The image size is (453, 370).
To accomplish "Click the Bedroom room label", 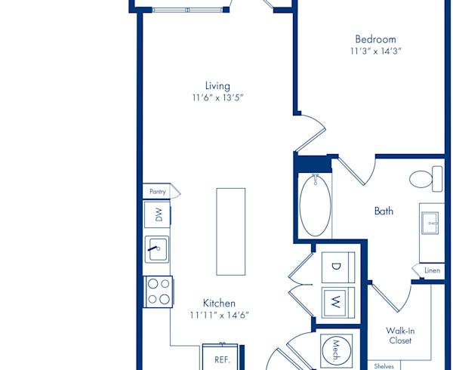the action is (375, 39).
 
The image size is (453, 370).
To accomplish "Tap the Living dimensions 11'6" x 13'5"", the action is (218, 97).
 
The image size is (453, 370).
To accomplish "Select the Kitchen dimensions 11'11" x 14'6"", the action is (219, 315).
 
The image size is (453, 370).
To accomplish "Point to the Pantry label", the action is (158, 192).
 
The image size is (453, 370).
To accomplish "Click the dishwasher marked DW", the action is (157, 214).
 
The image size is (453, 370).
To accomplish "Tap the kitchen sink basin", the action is (157, 249).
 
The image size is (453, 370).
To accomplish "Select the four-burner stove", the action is (158, 291).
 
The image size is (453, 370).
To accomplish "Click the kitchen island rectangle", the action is (231, 232).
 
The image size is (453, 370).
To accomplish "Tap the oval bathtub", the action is (315, 205).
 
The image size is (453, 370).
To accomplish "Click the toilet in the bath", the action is (426, 179).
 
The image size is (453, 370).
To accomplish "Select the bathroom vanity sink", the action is (430, 223).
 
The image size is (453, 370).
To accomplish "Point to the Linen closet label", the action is (432, 270).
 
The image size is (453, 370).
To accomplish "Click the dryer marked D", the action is (338, 267).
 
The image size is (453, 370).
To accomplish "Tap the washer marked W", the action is (338, 303).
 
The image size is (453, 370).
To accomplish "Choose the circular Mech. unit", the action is (337, 350).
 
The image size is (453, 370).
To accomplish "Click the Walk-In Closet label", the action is (400, 335).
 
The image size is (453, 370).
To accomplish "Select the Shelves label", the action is (384, 366).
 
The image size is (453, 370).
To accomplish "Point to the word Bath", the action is (384, 211).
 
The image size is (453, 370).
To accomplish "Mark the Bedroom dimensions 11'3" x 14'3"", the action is (375, 51).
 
